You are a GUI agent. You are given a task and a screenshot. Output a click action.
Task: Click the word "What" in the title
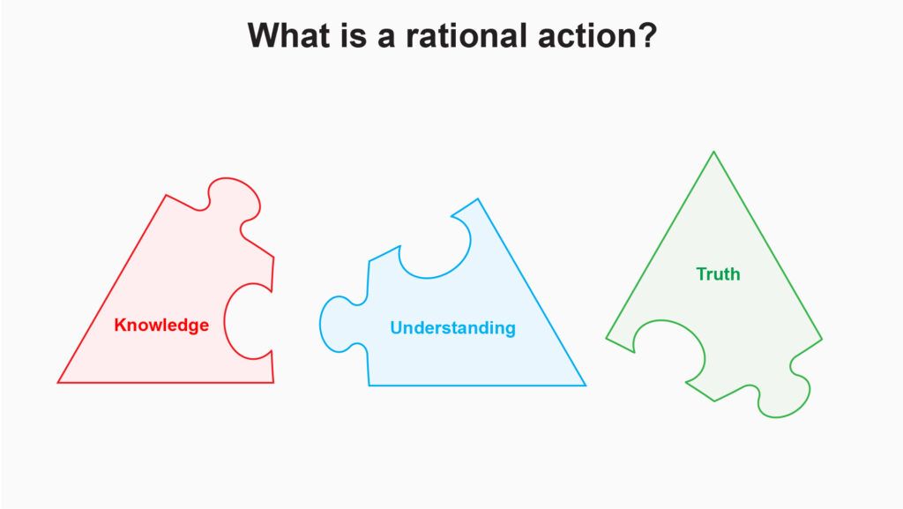[x=289, y=35]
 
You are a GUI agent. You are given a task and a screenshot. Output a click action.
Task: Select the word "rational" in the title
[x=466, y=35]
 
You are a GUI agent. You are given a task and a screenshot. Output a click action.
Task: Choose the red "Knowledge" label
[x=161, y=325]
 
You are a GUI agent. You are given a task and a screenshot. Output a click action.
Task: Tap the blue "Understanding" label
[x=452, y=327]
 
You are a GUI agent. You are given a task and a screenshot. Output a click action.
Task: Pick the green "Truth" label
[x=718, y=274]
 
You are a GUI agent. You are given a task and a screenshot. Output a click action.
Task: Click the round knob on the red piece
[x=233, y=199]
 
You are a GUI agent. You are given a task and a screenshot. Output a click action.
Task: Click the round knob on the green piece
[x=784, y=398]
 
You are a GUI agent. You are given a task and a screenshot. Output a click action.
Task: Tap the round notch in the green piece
[x=670, y=348]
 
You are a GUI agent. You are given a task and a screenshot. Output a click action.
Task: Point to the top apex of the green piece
[x=713, y=152]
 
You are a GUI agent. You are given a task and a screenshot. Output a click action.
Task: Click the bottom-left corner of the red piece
[x=58, y=382]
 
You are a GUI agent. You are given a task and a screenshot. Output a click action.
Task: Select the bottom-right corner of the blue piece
[x=586, y=385]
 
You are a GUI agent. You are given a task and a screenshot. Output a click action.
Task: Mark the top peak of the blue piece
[x=477, y=199]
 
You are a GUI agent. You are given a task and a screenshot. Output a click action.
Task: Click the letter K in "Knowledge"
[x=120, y=325]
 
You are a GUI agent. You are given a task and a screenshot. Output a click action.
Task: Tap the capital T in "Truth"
[x=701, y=274]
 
